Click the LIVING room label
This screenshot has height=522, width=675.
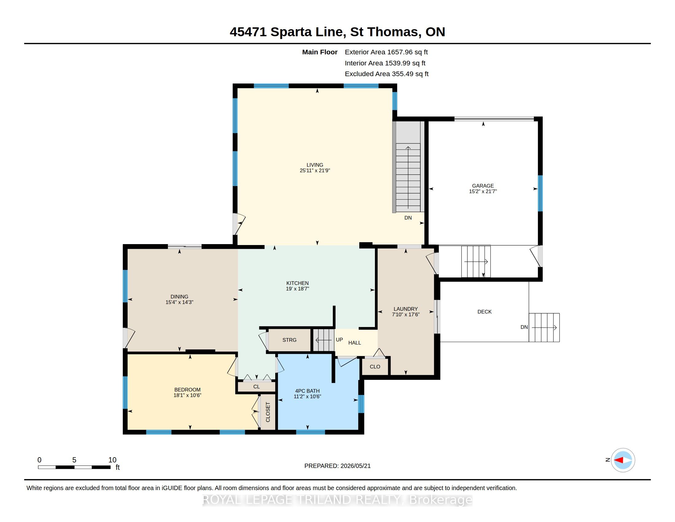click(314, 165)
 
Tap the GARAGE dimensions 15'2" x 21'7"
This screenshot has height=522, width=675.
click(483, 191)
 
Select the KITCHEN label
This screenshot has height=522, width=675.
click(297, 283)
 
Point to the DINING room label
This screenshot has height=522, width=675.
click(179, 297)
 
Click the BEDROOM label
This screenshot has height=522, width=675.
click(187, 390)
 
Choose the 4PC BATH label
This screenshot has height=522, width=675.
click(307, 391)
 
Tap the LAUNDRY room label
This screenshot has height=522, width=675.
click(406, 309)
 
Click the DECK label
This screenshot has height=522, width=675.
click(484, 312)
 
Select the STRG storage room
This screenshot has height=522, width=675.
click(289, 340)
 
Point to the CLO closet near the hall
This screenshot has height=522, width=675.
click(375, 367)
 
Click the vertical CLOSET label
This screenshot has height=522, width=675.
click(268, 412)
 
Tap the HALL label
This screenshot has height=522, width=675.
click(354, 343)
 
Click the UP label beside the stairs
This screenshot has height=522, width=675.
click(339, 340)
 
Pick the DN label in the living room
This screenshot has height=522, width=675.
click(408, 218)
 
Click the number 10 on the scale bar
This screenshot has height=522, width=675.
click(112, 460)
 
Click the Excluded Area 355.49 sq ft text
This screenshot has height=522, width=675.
click(387, 74)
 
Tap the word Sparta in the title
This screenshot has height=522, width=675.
click(291, 32)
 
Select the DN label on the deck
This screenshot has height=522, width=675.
click(524, 327)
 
